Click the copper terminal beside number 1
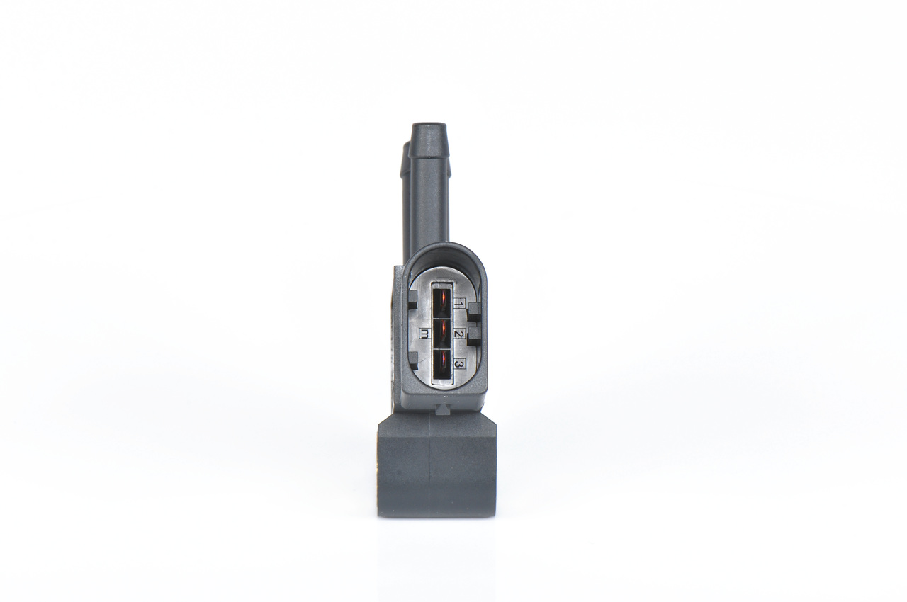(x=442, y=300)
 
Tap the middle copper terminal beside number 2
(x=442, y=333)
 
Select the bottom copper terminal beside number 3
(x=442, y=366)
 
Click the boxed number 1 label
(x=459, y=303)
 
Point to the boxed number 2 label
(x=459, y=334)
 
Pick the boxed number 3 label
(x=459, y=364)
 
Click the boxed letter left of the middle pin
(x=424, y=334)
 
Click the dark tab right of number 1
(x=474, y=309)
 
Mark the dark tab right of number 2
(x=474, y=337)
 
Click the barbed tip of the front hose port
(x=429, y=132)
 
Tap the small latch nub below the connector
(x=441, y=409)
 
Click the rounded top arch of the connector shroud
(x=444, y=250)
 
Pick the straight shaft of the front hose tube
(x=429, y=198)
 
